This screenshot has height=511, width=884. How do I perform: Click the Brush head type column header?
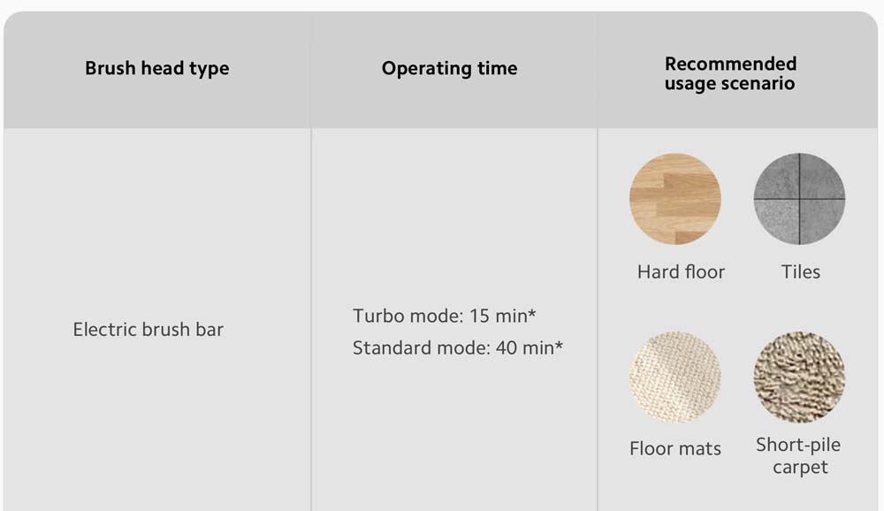click(157, 68)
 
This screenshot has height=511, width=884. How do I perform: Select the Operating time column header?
click(449, 68)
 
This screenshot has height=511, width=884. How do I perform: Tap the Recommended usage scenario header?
click(730, 73)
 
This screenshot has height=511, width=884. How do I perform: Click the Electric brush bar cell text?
click(149, 330)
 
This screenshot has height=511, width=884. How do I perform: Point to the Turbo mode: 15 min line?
click(445, 316)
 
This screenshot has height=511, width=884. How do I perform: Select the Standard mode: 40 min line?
click(458, 348)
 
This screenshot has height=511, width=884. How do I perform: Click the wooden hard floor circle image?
click(674, 199)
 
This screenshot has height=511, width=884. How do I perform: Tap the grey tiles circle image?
click(799, 199)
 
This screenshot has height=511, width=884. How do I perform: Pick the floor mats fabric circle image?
click(674, 378)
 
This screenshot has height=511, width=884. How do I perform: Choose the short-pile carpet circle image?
click(799, 378)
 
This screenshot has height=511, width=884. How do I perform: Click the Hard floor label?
click(681, 272)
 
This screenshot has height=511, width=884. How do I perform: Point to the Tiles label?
click(801, 272)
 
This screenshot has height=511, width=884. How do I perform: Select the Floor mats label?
click(675, 448)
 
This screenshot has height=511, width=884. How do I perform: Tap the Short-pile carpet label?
click(799, 455)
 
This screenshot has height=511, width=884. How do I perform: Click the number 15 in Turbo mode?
click(479, 316)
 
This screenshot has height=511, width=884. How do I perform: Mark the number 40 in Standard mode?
click(507, 348)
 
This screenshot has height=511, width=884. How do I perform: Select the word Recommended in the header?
click(731, 64)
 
